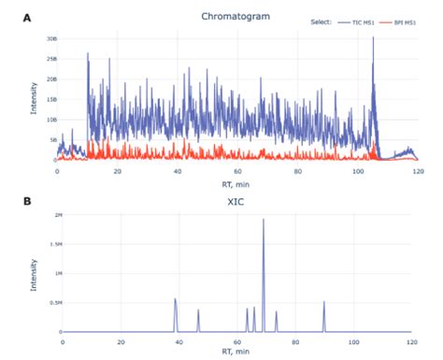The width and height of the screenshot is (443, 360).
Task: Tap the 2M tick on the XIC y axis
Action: (x=53, y=215)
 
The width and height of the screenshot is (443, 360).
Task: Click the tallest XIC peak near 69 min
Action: (x=264, y=221)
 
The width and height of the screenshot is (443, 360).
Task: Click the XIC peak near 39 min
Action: (x=176, y=300)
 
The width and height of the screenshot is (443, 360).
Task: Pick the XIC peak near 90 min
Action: (x=324, y=303)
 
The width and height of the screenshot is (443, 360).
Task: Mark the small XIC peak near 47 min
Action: (x=198, y=311)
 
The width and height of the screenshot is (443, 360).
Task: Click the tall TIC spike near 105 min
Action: (x=373, y=39)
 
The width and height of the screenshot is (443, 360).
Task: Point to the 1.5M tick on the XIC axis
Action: (x=51, y=244)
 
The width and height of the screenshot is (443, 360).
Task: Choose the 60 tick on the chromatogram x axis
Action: (x=238, y=170)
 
